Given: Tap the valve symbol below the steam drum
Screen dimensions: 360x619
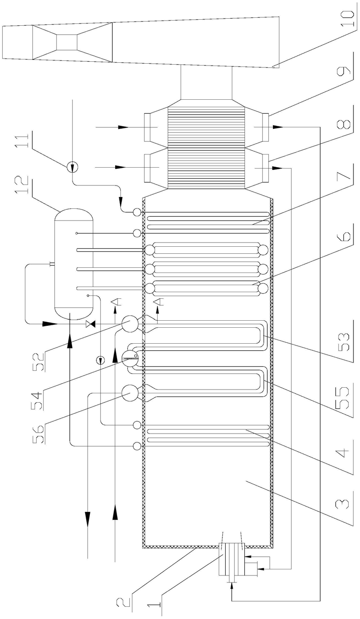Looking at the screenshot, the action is (x=89, y=324).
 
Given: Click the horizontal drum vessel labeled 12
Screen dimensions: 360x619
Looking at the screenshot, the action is (x=73, y=263).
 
